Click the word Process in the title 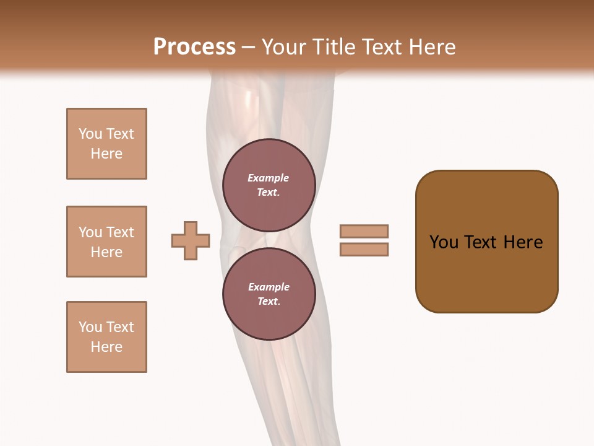[x=194, y=47]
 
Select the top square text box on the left [x=106, y=144]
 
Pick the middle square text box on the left [x=106, y=242]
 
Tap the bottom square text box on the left [x=106, y=337]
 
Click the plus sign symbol [x=191, y=240]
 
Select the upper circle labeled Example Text [x=269, y=185]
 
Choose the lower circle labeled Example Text [x=269, y=294]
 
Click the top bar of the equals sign [x=364, y=231]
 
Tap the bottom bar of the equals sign [x=364, y=250]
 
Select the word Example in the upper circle [x=268, y=178]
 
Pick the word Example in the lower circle [x=269, y=287]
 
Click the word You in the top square [x=90, y=134]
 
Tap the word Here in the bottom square [x=106, y=347]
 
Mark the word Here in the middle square [x=106, y=252]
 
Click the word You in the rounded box [x=444, y=242]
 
